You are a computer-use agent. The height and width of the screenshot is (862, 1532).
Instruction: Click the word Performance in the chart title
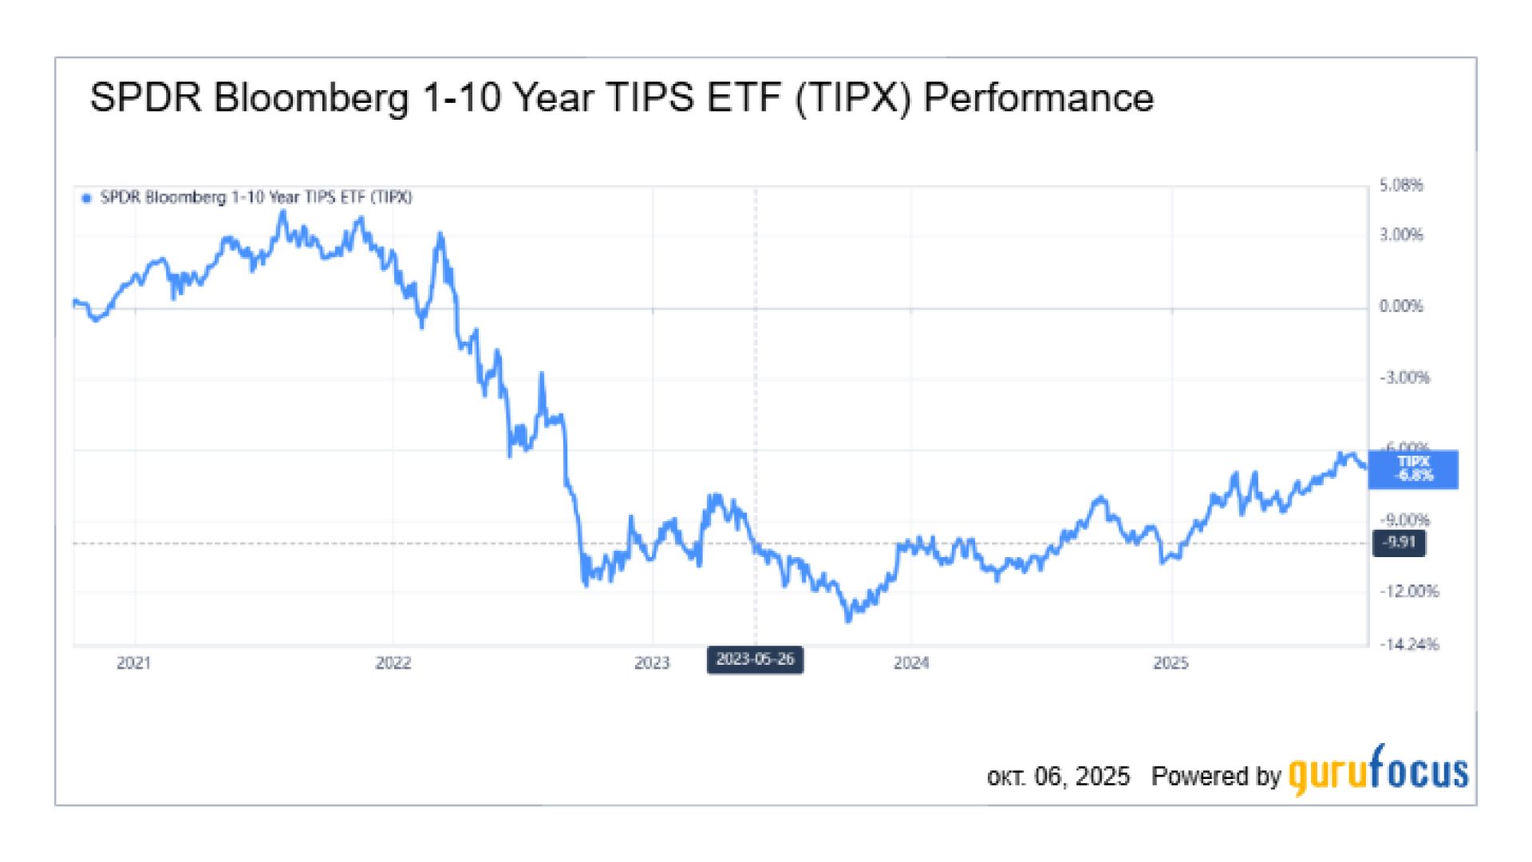1038,99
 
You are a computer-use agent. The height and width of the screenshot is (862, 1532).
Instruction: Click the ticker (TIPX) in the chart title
853,99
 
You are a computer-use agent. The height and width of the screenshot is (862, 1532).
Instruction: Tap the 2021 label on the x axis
133,662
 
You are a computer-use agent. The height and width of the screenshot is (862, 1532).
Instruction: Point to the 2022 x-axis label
393,662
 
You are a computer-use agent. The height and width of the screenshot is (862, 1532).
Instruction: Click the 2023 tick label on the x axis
652,662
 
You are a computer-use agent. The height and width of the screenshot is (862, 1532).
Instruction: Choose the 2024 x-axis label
911,662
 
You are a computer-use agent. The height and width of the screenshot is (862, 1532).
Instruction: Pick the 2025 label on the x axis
1171,662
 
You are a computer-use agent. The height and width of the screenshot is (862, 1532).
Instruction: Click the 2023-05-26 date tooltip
755,660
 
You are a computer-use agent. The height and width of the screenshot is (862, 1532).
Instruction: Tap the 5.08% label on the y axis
1401,186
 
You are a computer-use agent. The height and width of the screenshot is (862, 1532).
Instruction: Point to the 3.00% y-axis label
1401,235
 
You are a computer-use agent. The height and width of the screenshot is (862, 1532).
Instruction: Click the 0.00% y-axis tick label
1401,306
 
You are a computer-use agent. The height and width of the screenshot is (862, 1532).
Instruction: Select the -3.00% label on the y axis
1404,378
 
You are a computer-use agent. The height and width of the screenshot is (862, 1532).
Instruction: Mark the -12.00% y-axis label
1409,591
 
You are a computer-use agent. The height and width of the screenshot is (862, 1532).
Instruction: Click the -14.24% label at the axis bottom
1409,644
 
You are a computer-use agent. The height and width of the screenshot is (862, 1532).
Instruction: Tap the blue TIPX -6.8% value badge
1413,469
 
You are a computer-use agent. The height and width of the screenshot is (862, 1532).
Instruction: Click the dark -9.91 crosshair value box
1400,543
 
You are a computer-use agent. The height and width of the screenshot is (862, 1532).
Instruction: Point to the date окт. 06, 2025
1058,777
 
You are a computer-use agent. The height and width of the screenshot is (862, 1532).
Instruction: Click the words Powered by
1215,777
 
